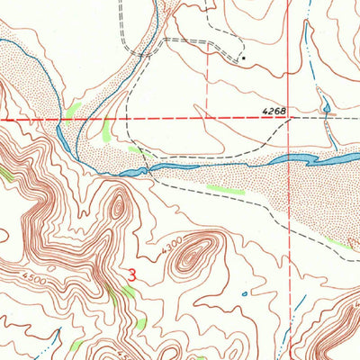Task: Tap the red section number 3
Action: (132, 277)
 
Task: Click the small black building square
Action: (242, 58)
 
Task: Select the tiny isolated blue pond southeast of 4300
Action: (244, 292)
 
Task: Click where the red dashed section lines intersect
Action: (289, 119)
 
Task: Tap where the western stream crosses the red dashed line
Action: (58, 119)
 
